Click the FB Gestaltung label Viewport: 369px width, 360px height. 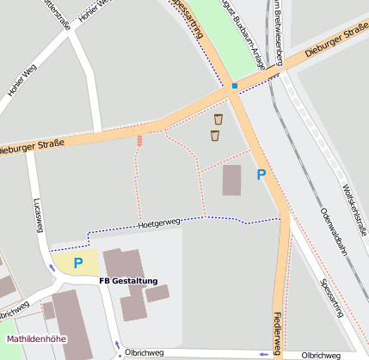tap(128, 281)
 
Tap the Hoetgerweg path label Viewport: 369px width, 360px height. tap(158, 223)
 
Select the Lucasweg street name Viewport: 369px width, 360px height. tap(37, 215)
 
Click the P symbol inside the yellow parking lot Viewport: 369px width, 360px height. tap(77, 263)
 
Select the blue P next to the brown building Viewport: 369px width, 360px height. tap(261, 174)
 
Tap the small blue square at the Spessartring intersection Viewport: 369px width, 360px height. tap(234, 86)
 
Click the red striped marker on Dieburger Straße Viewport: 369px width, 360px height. tap(139, 140)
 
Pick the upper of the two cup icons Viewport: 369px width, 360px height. tap(218, 119)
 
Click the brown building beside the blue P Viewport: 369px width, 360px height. tap(232, 180)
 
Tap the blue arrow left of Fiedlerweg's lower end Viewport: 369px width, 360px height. tap(261, 354)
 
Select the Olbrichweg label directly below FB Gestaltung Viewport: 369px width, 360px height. tap(142, 351)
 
